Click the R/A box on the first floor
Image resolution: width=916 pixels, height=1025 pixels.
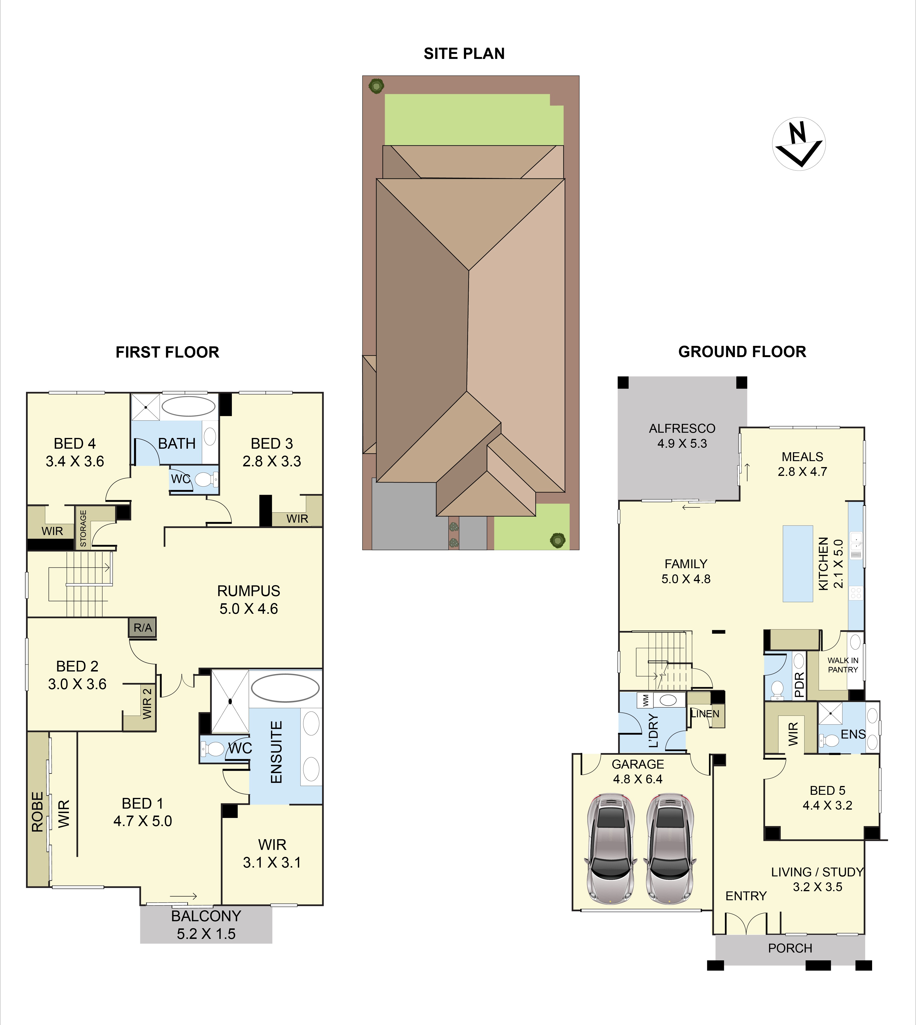pyautogui.click(x=142, y=628)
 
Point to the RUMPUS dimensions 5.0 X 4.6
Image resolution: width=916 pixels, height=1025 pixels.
pyautogui.click(x=249, y=609)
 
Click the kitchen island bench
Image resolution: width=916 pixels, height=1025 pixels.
pyautogui.click(x=798, y=564)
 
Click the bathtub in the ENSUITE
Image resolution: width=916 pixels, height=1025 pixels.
pyautogui.click(x=285, y=688)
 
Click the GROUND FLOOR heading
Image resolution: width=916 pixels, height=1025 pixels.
pyautogui.click(x=742, y=352)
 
